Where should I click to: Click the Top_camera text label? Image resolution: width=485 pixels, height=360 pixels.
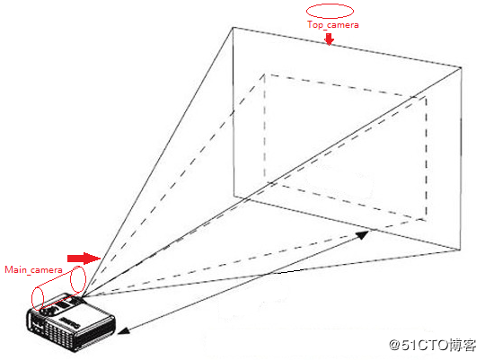[333, 25]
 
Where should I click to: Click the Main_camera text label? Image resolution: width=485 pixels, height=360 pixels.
[33, 269]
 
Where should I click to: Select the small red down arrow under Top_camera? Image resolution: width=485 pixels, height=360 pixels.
[330, 40]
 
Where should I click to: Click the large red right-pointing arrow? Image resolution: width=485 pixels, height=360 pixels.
[84, 259]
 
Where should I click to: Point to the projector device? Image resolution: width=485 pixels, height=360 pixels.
[72, 322]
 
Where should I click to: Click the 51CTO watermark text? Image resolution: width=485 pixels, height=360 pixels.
[432, 345]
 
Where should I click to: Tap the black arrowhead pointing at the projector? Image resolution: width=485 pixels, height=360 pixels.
[123, 331]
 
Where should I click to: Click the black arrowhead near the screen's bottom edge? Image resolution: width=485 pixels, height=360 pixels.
[363, 234]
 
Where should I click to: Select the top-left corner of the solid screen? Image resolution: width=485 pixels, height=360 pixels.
[233, 28]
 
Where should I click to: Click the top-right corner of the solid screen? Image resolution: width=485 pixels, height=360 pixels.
[461, 67]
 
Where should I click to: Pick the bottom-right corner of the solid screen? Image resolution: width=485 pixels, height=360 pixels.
[460, 250]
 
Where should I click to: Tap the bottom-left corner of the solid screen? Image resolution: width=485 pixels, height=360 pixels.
[234, 196]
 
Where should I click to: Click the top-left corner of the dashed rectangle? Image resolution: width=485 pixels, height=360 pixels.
[264, 75]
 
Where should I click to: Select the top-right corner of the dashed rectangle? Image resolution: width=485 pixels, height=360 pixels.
[427, 97]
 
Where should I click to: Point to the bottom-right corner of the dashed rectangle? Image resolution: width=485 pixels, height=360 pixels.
[427, 220]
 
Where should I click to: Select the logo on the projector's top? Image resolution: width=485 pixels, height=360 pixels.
[71, 322]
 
